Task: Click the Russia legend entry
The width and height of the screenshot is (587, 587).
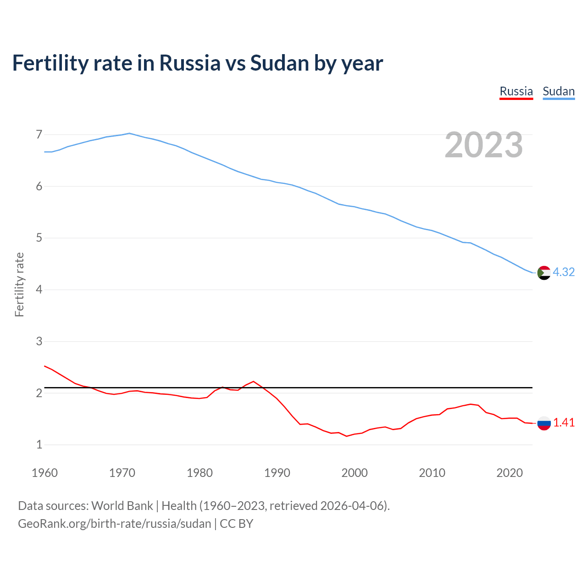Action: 516,91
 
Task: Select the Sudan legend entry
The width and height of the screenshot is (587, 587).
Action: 558,91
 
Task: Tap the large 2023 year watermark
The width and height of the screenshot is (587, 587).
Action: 483,145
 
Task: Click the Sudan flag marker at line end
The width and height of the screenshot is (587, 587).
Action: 543,272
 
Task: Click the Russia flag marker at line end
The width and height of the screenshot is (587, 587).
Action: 543,423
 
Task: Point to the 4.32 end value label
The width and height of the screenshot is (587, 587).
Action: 564,272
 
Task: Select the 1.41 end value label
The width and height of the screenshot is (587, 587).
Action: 564,422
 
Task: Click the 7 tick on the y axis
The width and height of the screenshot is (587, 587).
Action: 39,134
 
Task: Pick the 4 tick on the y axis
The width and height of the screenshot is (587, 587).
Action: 39,289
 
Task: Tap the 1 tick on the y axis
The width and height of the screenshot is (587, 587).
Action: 39,444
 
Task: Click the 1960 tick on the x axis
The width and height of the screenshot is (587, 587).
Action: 44,473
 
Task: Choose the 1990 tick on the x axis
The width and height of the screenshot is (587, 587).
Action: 277,473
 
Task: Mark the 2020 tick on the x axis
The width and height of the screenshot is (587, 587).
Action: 509,473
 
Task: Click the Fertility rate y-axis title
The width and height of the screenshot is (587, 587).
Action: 19,284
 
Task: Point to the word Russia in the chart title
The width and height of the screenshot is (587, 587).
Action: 189,63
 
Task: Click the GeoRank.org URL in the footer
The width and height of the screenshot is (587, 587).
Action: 115,523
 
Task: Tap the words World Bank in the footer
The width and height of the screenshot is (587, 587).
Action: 122,505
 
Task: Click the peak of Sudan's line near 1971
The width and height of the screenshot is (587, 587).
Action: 129,133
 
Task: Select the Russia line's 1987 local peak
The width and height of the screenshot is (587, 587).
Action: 254,381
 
